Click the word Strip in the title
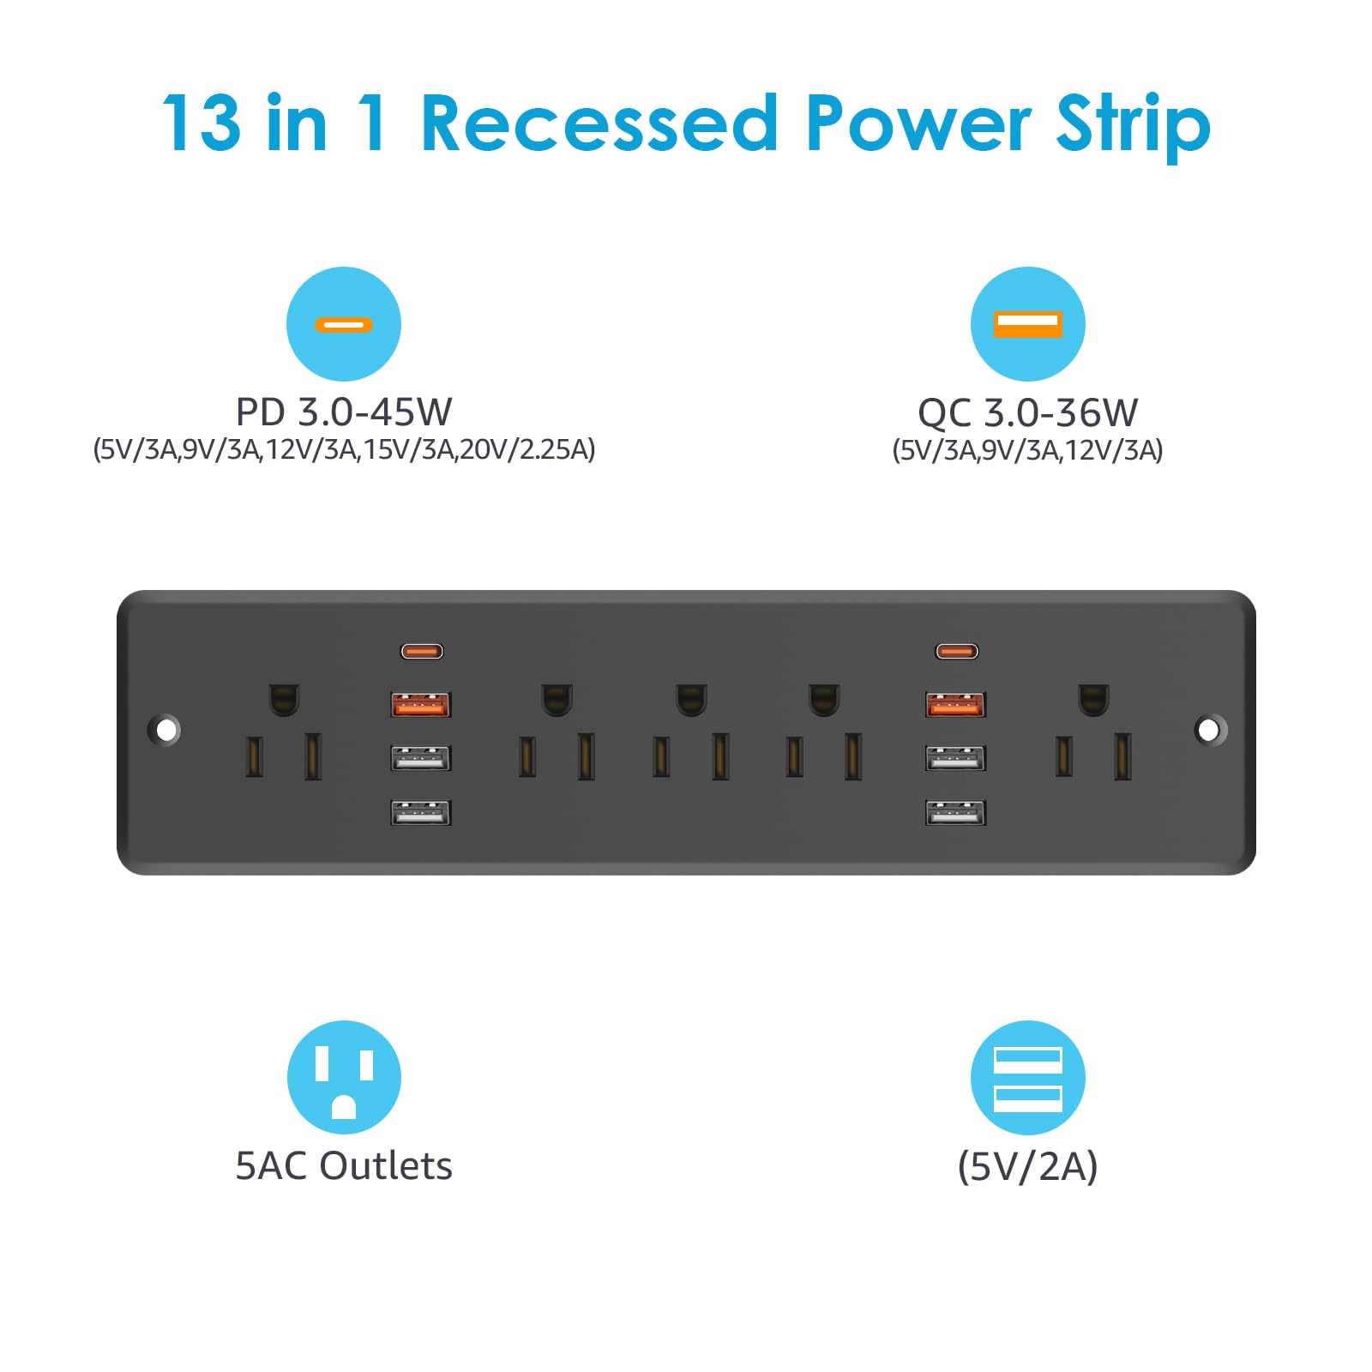tap(1133, 127)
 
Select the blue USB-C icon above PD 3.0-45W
tap(344, 324)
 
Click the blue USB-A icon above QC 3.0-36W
tap(1027, 324)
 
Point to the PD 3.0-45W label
tap(344, 412)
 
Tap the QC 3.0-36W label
tap(1027, 412)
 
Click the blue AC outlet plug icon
tap(344, 1077)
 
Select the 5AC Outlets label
tap(344, 1166)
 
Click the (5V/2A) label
tap(1027, 1167)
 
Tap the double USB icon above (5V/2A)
tap(1027, 1078)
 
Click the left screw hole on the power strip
tap(165, 730)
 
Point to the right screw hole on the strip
tap(1209, 730)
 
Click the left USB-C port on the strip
tap(422, 652)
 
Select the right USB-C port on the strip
tap(957, 652)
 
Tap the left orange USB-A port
tap(420, 705)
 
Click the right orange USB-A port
tap(956, 705)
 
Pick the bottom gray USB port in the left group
tap(420, 812)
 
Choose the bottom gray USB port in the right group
tap(956, 812)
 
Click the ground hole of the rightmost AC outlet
tap(1093, 699)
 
